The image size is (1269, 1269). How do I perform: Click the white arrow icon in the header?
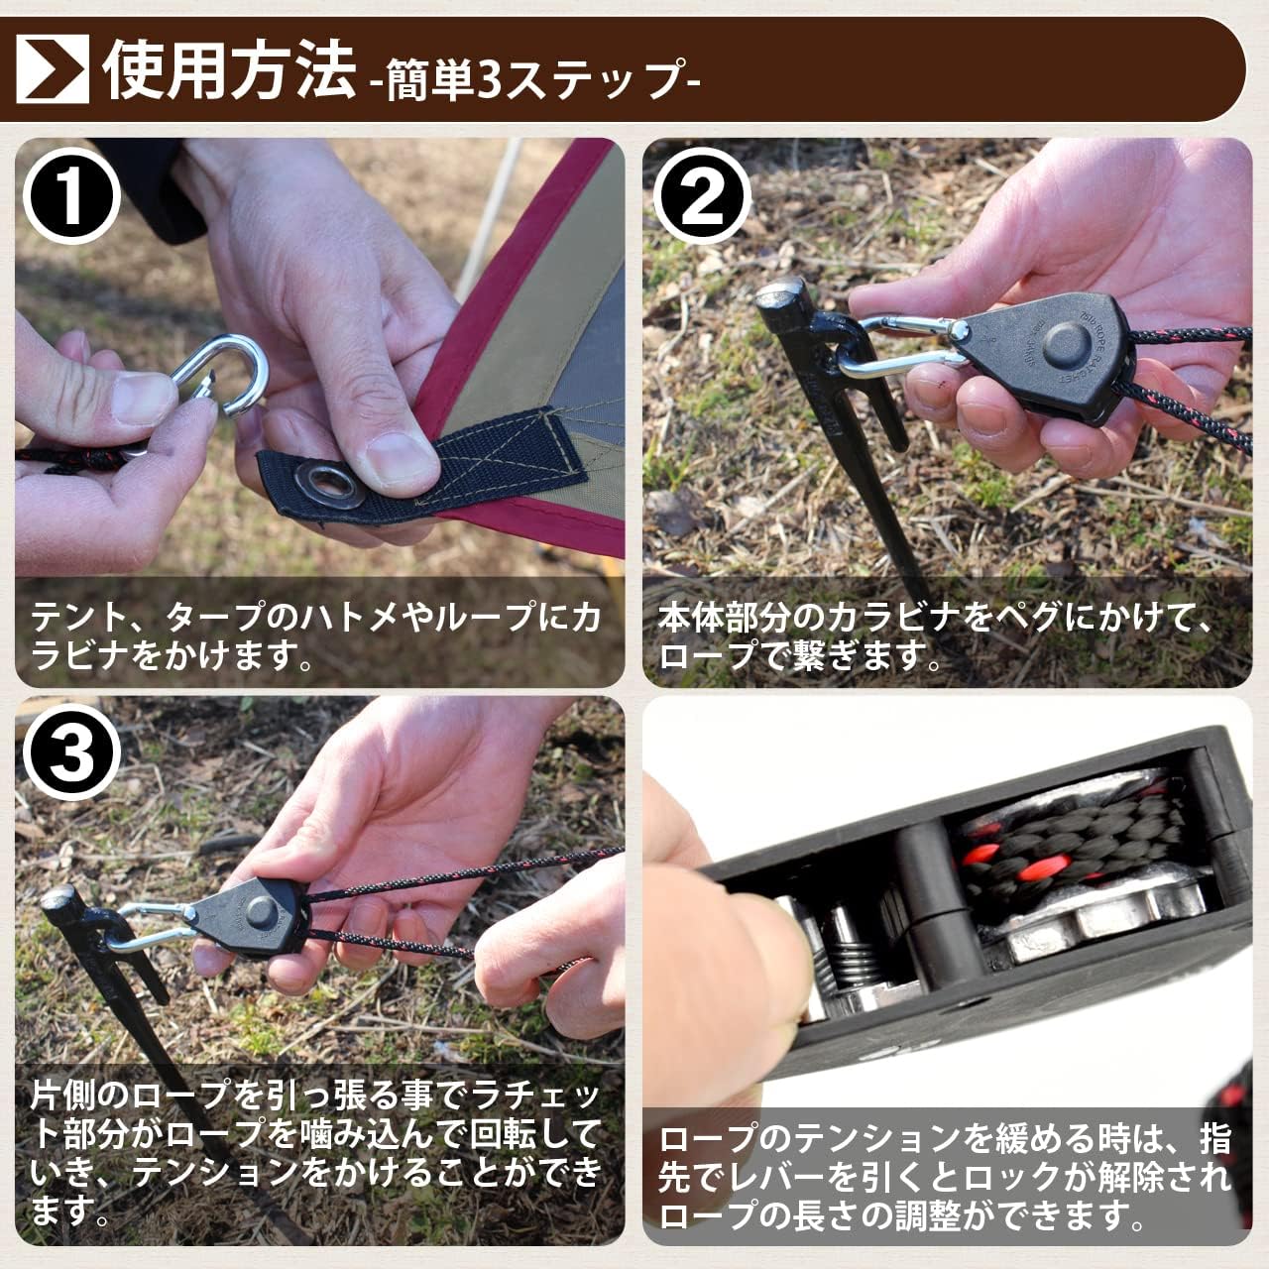52,68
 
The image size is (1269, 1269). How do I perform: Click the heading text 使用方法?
230,69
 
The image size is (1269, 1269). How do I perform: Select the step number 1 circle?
71,195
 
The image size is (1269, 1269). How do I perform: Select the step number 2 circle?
702,195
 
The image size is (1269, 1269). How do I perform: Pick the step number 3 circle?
71,753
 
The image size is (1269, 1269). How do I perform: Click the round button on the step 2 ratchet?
1063,346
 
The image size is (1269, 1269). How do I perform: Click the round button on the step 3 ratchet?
262,912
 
